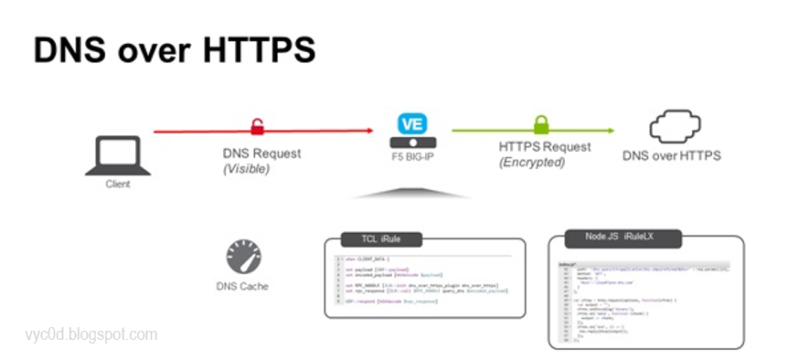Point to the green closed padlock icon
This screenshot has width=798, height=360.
(541, 124)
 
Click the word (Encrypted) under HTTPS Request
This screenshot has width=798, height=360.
(532, 162)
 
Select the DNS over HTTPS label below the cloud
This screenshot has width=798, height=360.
(672, 155)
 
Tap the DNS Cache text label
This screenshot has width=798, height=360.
(243, 286)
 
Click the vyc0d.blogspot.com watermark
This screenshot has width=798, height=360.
(91, 335)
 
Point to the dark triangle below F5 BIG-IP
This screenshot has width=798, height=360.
(411, 192)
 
